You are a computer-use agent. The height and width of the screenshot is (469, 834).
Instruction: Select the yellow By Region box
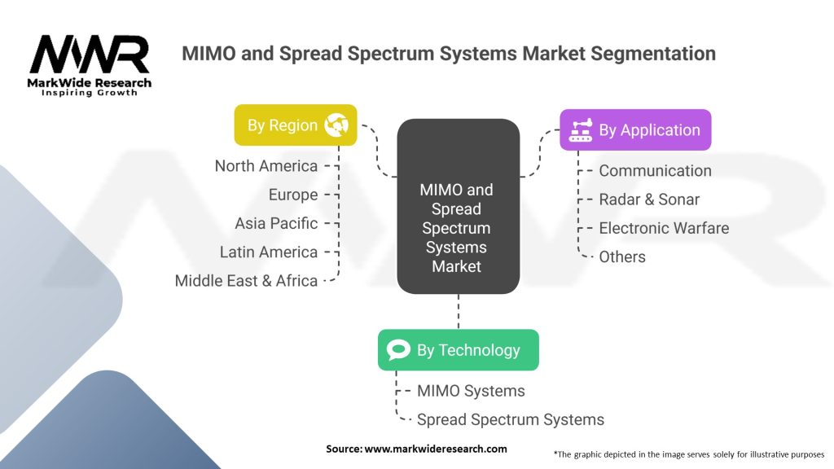click(x=296, y=125)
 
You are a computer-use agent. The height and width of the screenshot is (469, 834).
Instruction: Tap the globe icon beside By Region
click(x=336, y=125)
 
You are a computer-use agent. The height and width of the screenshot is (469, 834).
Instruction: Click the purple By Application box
click(x=635, y=130)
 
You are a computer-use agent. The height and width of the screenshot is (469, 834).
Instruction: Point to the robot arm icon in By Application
click(x=581, y=130)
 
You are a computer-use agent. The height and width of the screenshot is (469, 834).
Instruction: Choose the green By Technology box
click(x=458, y=350)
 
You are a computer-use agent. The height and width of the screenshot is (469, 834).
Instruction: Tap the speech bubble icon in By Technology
click(x=398, y=350)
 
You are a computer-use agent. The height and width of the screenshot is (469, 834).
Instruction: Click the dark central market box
click(x=458, y=206)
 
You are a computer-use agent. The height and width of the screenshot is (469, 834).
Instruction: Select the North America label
click(x=266, y=166)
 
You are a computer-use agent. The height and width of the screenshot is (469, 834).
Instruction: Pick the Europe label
click(x=293, y=195)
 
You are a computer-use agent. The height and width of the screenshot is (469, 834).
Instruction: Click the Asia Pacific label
click(x=276, y=223)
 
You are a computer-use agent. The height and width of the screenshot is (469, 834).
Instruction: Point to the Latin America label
click(x=269, y=252)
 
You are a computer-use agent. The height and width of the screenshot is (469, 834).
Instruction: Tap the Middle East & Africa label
click(x=246, y=281)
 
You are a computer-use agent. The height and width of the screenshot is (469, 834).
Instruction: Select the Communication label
click(x=655, y=171)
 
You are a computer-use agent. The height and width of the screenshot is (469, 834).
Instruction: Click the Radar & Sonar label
click(x=649, y=199)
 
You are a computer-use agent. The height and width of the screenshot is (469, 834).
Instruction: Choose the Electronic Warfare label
click(x=664, y=228)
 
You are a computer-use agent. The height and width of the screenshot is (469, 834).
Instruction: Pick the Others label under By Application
click(x=622, y=256)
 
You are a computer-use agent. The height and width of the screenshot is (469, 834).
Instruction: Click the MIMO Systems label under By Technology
click(x=471, y=391)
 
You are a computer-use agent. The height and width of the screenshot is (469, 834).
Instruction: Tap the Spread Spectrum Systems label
click(x=511, y=420)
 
